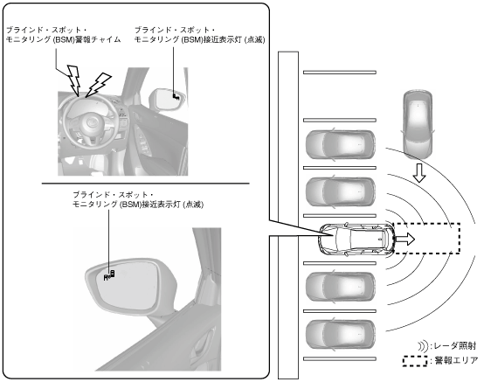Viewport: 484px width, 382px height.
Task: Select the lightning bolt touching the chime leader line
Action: tap(74, 79)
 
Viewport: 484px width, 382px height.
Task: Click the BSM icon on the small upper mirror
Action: tap(176, 97)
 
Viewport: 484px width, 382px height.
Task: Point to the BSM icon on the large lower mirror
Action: tap(109, 274)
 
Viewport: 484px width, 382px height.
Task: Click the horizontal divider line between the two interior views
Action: tap(145, 184)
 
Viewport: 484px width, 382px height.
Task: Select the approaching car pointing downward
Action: tap(418, 124)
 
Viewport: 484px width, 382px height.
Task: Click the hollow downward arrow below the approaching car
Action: tap(419, 173)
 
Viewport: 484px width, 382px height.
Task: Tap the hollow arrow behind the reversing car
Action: tap(405, 239)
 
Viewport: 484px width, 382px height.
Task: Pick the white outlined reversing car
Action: tap(356, 239)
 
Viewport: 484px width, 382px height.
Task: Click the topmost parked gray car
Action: tap(341, 145)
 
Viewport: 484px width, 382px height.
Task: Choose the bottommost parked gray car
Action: tap(341, 335)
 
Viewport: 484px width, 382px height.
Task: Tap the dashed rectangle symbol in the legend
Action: tap(416, 361)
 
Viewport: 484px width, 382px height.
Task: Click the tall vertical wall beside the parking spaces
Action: tap(288, 215)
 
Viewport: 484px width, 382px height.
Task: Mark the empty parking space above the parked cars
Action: tap(340, 96)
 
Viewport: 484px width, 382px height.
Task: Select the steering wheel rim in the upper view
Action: tap(65, 122)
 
